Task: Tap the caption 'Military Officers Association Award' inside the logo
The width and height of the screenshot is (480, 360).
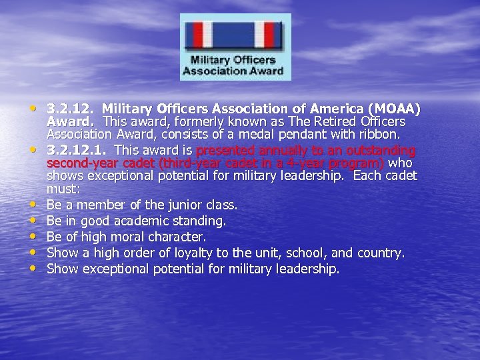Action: point(235,65)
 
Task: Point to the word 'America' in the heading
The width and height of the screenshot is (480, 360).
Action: point(329,109)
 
